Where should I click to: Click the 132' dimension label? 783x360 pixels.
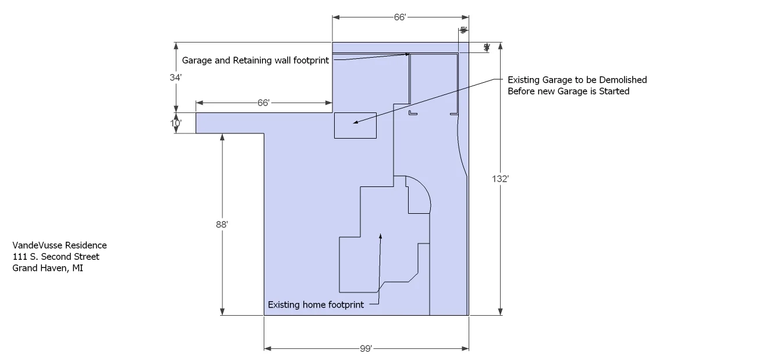501,179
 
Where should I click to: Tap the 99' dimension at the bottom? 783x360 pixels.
366,348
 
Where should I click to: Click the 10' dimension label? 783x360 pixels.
176,123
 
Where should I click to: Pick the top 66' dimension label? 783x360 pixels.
399,17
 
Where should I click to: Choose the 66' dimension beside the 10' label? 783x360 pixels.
263,103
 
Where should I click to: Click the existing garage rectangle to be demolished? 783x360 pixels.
355,125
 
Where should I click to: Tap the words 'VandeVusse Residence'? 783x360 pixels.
59,246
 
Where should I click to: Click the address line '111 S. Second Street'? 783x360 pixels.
56,257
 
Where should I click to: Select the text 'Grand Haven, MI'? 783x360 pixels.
48,268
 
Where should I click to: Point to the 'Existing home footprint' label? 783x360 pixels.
316,305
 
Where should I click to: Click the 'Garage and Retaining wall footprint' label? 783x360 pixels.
256,60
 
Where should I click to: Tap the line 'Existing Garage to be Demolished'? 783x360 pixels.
577,80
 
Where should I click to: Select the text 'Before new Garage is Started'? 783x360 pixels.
568,91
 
